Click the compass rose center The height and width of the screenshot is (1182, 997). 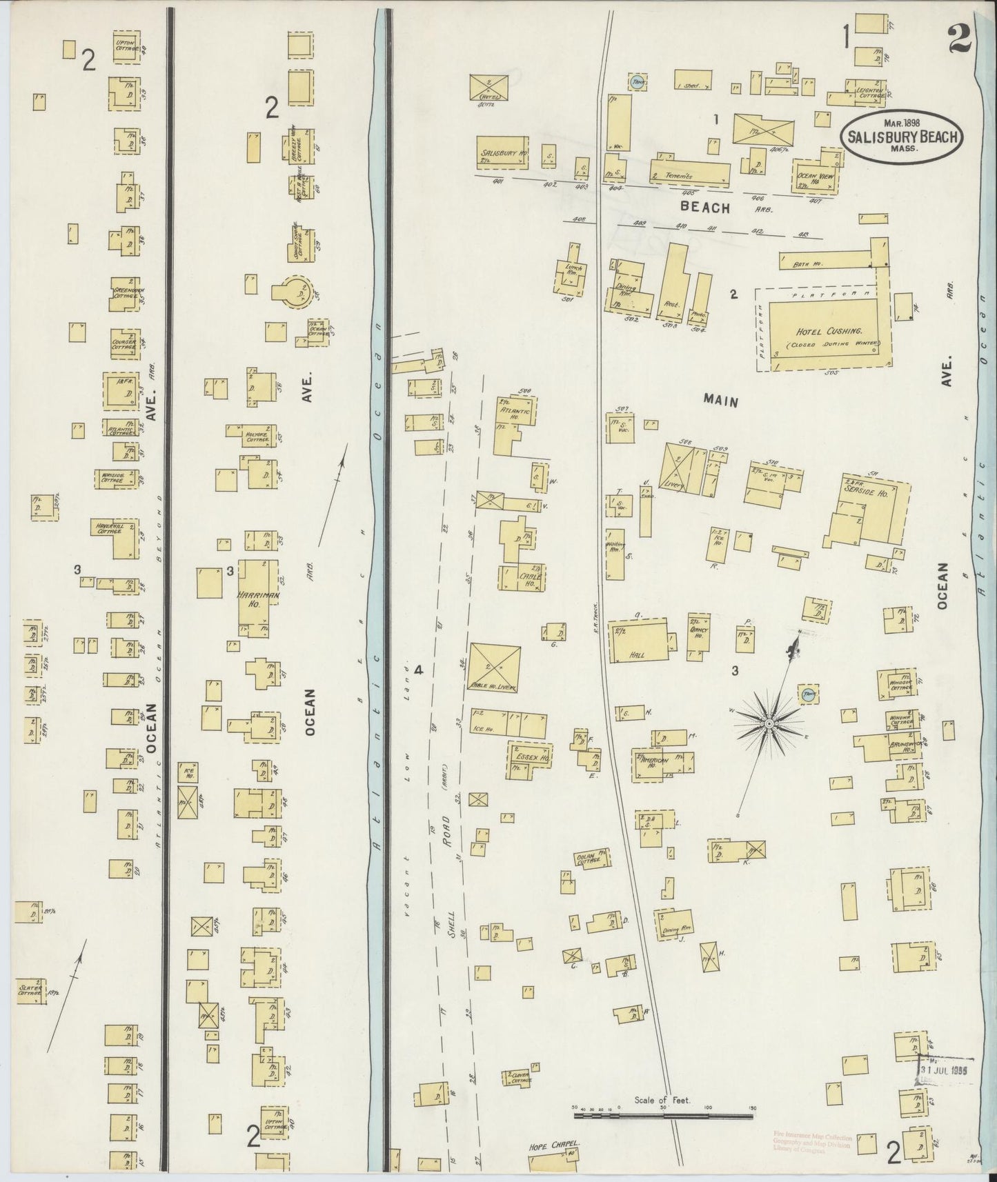click(x=769, y=722)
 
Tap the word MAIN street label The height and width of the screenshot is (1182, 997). click(x=722, y=401)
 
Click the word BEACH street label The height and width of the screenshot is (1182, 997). click(x=704, y=205)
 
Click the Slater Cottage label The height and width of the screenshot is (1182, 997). click(x=30, y=991)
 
